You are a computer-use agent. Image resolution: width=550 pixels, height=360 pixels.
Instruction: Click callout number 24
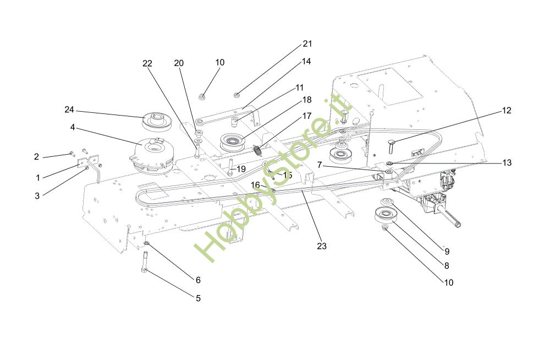tap(69, 110)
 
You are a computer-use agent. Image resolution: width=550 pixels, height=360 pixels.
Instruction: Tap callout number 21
tap(307, 44)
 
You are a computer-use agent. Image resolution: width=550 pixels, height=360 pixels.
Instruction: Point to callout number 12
tap(506, 111)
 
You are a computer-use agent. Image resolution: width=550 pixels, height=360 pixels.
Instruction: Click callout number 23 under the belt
tap(322, 246)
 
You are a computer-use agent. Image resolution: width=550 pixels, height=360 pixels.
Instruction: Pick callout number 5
tap(198, 298)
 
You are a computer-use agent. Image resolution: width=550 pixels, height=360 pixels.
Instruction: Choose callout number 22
tap(147, 63)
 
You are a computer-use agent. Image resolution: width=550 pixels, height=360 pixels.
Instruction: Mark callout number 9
tap(447, 252)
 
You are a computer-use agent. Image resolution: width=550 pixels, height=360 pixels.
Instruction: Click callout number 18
tap(307, 100)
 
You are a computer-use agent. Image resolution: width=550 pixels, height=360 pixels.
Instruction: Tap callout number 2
tap(36, 157)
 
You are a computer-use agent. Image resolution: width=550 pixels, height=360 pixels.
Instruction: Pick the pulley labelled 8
tap(385, 215)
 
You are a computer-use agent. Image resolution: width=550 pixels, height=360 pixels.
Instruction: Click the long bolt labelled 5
tap(146, 261)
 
